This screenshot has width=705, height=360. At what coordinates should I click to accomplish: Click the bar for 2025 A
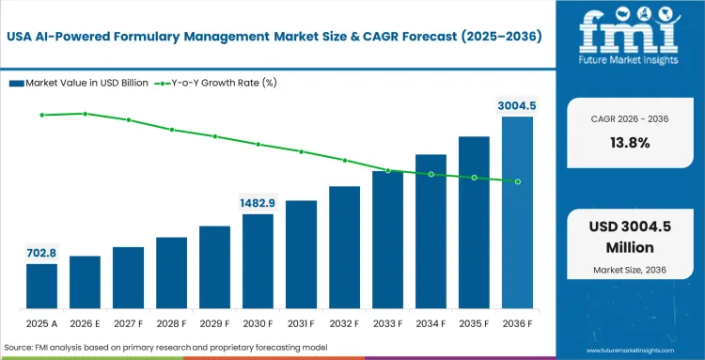[x=41, y=287]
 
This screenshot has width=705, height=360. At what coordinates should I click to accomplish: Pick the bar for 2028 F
[x=171, y=274]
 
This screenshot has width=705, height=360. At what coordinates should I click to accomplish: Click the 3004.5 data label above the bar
[x=517, y=105]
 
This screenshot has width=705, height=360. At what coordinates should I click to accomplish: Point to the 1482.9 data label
[x=258, y=203]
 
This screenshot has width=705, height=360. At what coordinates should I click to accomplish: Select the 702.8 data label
[x=41, y=253]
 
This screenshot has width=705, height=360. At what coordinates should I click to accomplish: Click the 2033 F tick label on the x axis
[x=387, y=323]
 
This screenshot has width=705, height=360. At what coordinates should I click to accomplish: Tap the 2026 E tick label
[x=85, y=323]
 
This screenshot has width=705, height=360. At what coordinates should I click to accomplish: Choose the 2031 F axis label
[x=301, y=323]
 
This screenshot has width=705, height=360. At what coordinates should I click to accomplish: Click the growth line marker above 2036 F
[x=517, y=181]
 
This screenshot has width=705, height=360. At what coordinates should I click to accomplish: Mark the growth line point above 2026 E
[x=85, y=114]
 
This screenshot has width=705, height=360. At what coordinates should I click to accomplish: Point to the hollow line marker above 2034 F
[x=431, y=174]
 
